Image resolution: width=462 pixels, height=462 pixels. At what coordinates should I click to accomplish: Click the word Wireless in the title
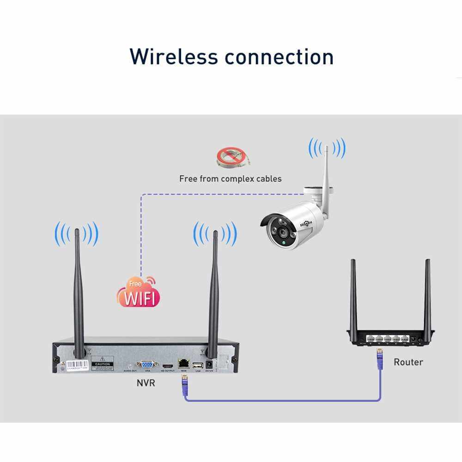tap(174, 56)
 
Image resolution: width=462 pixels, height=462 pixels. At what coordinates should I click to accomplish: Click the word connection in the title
tap(279, 56)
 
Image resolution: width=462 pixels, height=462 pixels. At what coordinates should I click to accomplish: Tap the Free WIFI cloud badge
tap(138, 293)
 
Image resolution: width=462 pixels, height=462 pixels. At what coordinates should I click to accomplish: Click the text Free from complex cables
tap(230, 178)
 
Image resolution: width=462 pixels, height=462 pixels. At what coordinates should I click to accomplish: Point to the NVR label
tap(146, 383)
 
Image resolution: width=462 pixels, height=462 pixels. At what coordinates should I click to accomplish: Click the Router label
tap(408, 362)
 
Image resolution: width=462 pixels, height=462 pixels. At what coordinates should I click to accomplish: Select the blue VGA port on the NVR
tap(147, 364)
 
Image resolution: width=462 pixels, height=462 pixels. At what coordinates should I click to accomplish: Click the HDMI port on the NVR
tap(166, 365)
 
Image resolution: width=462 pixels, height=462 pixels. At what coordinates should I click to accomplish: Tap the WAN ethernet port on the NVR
tap(183, 364)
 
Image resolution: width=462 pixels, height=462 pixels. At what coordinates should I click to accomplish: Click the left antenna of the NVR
tap(79, 291)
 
